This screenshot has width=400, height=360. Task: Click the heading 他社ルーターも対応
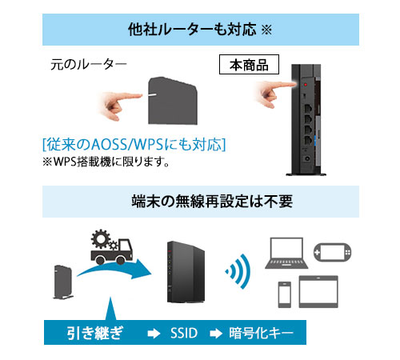[x=192, y=30]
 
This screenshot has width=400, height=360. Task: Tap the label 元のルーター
[x=89, y=64]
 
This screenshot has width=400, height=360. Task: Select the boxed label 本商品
[x=249, y=65]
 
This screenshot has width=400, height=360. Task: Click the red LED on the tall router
[x=306, y=85]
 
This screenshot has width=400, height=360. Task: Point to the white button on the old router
[x=153, y=94]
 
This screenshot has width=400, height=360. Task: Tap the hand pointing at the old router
[x=120, y=104]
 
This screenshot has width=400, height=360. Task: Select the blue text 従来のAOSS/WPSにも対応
[x=134, y=144]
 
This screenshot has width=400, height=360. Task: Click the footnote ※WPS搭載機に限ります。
[x=106, y=162]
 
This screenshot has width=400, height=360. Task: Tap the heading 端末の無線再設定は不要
[x=212, y=201]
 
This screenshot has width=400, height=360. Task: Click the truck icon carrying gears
[x=112, y=247]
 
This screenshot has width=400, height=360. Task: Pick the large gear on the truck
[x=100, y=238]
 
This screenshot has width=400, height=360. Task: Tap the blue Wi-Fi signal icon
[x=238, y=271]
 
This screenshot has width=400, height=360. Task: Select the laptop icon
[x=286, y=254]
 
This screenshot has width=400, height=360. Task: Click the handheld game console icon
[x=333, y=252]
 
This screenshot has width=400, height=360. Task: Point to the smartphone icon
[x=285, y=294]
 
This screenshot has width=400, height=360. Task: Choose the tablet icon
[x=318, y=292]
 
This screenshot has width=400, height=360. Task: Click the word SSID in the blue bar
[x=184, y=333]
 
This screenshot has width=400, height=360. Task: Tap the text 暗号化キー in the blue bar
[x=261, y=333]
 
